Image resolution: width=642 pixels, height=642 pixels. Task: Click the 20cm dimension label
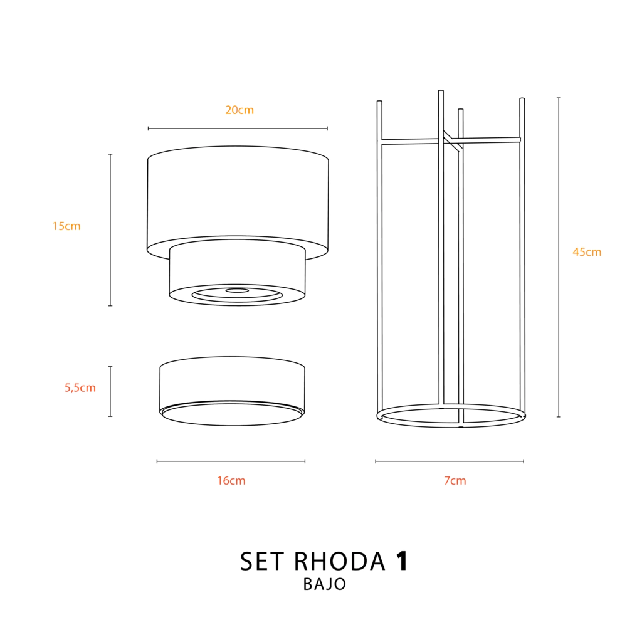tap(239, 110)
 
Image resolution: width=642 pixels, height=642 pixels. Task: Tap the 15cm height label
tap(66, 226)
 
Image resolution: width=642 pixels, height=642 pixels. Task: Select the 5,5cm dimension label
tap(80, 387)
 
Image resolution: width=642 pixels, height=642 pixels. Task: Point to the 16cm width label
tap(231, 481)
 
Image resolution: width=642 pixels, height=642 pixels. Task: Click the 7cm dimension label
tap(455, 481)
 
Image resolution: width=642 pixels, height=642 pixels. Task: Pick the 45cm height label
tap(587, 252)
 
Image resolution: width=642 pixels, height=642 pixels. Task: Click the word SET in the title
tap(262, 561)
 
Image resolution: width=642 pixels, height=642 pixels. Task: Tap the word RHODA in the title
tap(340, 561)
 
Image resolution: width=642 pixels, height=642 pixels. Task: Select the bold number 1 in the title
tap(402, 561)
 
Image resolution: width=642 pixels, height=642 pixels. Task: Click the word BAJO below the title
tap(325, 584)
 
